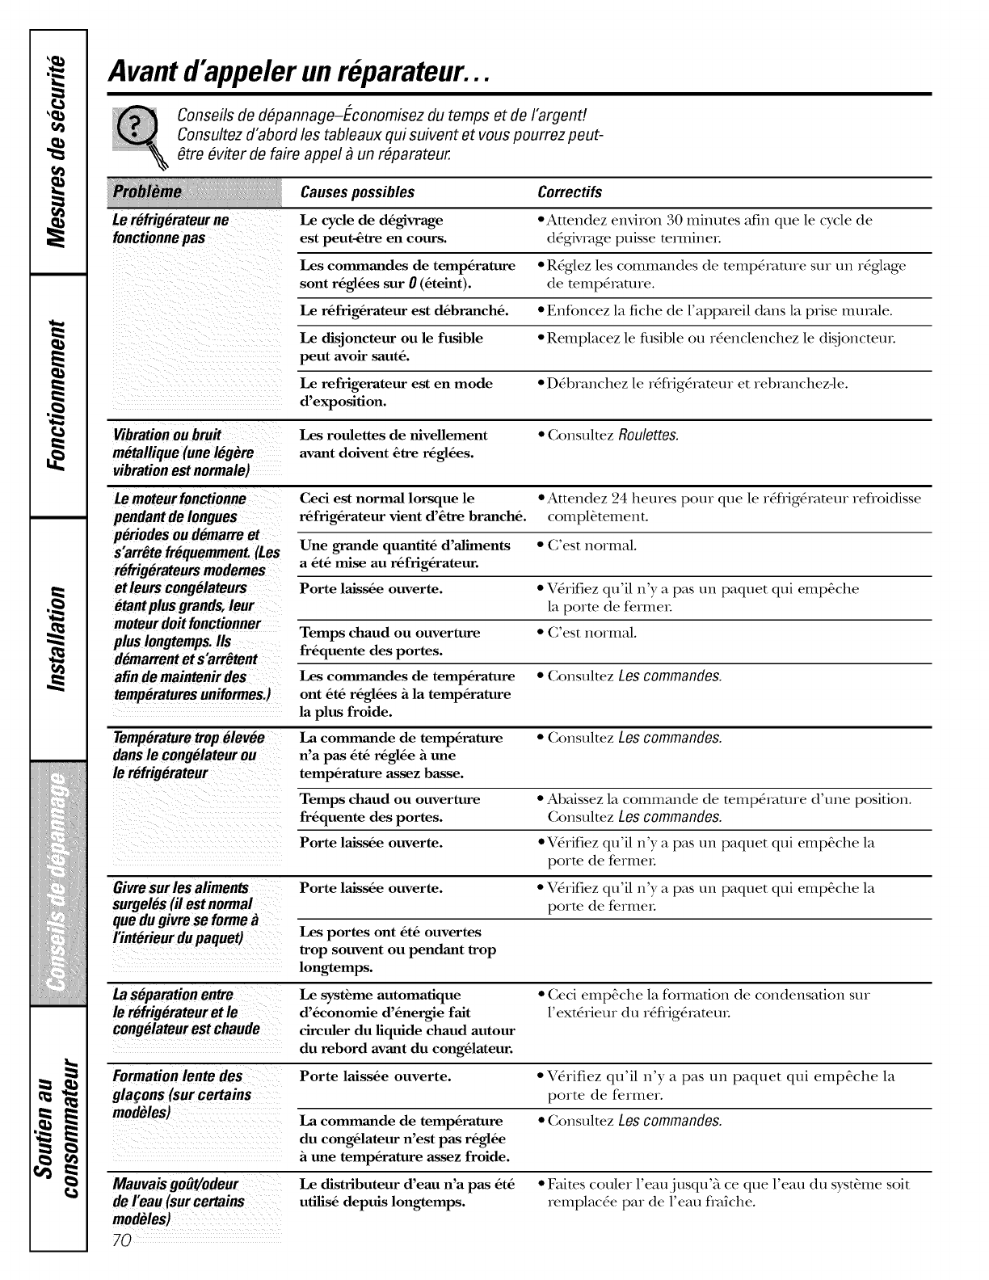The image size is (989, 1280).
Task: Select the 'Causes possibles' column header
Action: point(357,192)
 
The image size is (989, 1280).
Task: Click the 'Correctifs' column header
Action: point(570,192)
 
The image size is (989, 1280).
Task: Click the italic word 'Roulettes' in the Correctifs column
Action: point(648,436)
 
